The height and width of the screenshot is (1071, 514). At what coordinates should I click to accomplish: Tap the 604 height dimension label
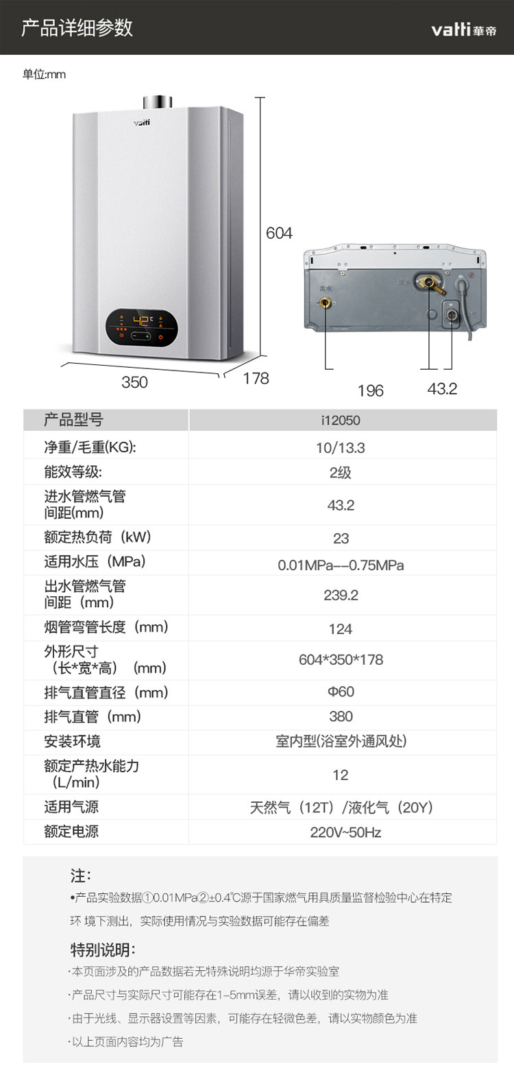[279, 233]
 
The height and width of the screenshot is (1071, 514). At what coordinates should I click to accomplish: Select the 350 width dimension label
[134, 382]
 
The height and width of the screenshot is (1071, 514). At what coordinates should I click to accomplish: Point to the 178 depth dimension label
[256, 379]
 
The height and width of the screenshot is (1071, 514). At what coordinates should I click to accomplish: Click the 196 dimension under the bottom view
[371, 390]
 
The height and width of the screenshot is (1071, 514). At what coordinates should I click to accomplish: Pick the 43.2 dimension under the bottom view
[442, 389]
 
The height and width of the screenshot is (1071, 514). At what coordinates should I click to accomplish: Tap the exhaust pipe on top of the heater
[157, 101]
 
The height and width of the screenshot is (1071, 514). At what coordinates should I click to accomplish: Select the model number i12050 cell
[341, 420]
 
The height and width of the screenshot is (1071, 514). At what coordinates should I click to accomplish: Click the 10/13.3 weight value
[341, 448]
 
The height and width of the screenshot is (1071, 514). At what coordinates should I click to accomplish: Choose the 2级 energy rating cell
[341, 473]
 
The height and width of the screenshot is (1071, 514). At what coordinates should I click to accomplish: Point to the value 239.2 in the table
[341, 595]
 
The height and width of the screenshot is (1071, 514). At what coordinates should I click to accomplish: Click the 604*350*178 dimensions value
[341, 660]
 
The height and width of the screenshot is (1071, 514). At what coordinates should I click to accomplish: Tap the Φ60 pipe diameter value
[341, 692]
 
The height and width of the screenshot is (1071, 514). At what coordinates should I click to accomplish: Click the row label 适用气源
[71, 807]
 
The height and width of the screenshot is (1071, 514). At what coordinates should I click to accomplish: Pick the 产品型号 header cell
[73, 420]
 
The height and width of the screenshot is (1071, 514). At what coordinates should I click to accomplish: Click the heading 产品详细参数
[77, 28]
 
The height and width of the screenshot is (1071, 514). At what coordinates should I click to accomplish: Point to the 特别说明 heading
[103, 950]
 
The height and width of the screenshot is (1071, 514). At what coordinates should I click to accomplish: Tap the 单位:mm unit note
[45, 75]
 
